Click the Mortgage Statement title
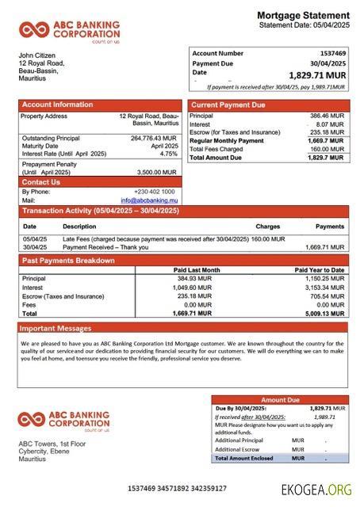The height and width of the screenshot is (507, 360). click(x=303, y=15)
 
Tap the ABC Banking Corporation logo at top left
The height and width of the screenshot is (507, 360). click(x=70, y=31)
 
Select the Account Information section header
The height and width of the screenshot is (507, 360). click(x=57, y=105)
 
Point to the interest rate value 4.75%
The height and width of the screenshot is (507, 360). click(x=169, y=154)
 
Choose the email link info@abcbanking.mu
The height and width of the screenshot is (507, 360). click(x=149, y=200)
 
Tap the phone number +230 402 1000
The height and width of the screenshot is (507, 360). click(x=155, y=192)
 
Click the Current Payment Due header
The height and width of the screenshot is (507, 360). click(x=228, y=105)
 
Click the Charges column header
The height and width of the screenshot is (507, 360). click(x=267, y=227)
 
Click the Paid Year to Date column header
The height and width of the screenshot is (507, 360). click(x=320, y=270)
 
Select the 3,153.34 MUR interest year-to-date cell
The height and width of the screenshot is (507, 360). click(x=324, y=288)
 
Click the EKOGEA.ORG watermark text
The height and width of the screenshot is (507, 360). click(x=316, y=490)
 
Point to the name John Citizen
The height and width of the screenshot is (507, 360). click(x=40, y=55)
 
